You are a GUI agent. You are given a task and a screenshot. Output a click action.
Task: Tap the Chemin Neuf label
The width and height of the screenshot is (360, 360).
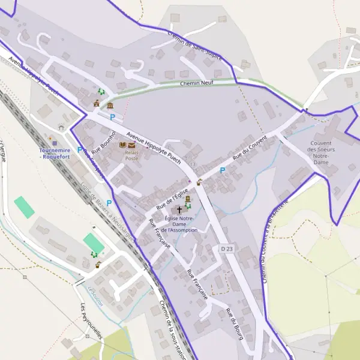point(197,83)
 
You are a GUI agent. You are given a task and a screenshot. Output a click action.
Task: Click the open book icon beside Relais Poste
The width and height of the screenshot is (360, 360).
point(124,145)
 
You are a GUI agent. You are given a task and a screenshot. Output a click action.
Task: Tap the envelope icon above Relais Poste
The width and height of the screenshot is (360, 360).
point(132,145)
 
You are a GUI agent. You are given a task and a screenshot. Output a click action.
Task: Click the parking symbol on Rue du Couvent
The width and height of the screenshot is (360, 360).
point(222,170)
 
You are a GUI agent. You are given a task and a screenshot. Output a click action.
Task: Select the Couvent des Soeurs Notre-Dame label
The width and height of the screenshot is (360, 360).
point(321,152)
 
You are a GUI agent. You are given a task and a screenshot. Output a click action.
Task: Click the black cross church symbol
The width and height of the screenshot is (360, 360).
point(179,210)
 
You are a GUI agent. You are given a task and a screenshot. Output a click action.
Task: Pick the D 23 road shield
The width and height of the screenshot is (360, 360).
point(226,248)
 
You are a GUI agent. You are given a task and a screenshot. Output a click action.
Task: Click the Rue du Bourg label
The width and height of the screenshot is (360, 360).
point(235,325)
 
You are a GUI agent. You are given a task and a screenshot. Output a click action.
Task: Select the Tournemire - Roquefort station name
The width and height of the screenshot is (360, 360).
point(55,153)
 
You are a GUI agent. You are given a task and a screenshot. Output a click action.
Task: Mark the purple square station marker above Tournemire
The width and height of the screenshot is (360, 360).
point(56,143)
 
